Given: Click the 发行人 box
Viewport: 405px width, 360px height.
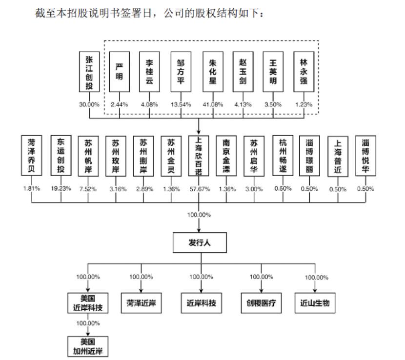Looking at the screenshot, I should point(200,242).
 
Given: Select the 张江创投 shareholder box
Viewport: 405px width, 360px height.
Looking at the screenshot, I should point(89,71).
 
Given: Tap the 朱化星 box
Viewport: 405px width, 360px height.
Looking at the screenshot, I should point(212,71).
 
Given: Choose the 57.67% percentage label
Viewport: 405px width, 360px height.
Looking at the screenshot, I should point(199,188).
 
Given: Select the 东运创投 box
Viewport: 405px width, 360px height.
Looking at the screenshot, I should point(61,155).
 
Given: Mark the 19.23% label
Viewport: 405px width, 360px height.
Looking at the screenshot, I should point(61,188).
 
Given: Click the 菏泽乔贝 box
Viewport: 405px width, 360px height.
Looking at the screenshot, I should point(32,155).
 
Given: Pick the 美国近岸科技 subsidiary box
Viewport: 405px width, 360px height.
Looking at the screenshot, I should point(88,303).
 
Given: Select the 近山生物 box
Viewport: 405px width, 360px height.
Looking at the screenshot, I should point(315,303).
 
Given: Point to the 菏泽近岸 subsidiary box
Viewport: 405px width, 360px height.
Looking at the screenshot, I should point(141,303).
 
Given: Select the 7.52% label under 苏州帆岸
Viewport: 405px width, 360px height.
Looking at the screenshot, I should point(88,188).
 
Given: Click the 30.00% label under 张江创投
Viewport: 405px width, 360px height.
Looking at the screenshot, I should point(89,105).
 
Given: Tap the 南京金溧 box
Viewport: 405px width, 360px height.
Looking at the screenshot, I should point(226,155).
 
